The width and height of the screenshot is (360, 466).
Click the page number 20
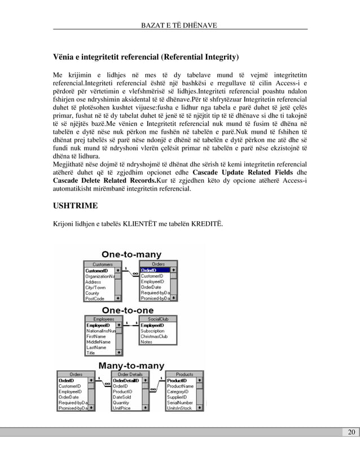pos(351,433)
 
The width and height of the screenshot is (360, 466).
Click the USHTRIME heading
pos(77,204)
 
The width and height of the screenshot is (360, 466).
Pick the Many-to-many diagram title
pos(131,366)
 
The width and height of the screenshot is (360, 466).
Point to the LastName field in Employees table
pos(95,348)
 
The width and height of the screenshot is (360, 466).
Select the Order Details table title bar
pos(129,374)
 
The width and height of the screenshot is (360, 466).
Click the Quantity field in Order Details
pos(121,403)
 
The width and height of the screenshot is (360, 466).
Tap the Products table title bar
pos(184,374)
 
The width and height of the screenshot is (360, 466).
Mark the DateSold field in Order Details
pos(122,397)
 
